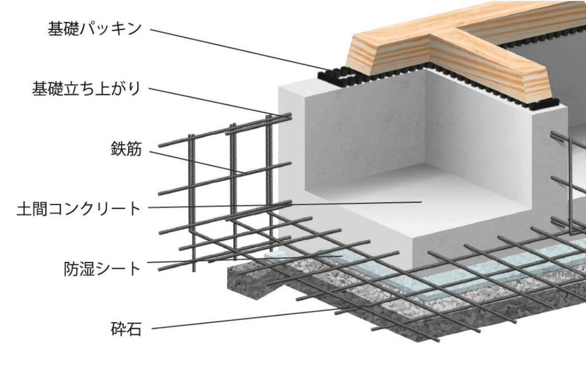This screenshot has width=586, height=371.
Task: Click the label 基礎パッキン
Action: [x=94, y=29]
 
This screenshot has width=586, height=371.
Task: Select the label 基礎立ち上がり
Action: [x=87, y=89]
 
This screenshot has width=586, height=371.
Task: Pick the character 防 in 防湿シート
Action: [x=71, y=269]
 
